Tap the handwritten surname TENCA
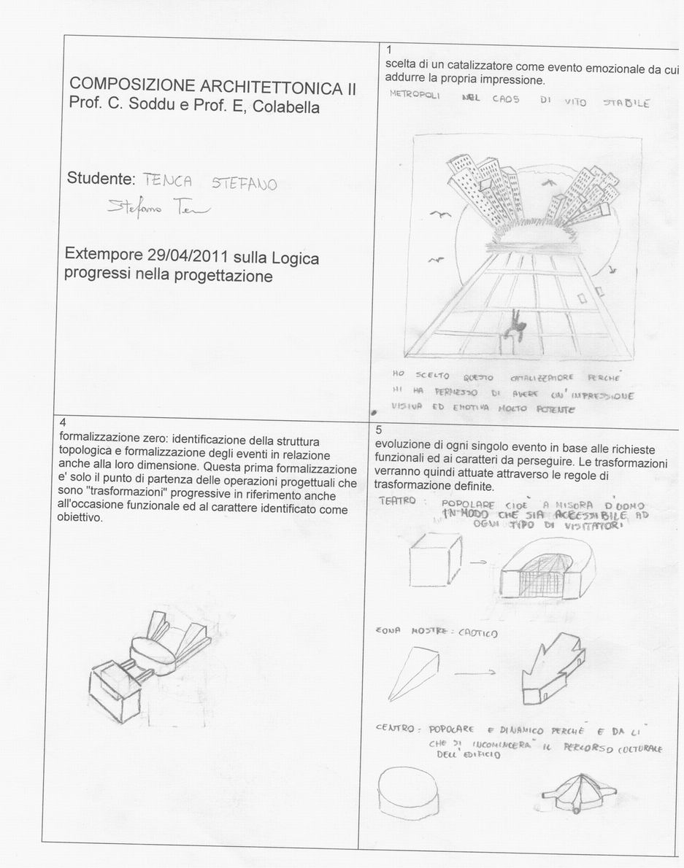tap(167, 179)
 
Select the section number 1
tap(389, 49)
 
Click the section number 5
tap(378, 430)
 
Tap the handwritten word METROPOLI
tap(415, 96)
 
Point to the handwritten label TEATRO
tap(398, 501)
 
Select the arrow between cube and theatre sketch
tap(478, 562)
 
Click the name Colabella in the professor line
tap(283, 107)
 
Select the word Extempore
tap(104, 257)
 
